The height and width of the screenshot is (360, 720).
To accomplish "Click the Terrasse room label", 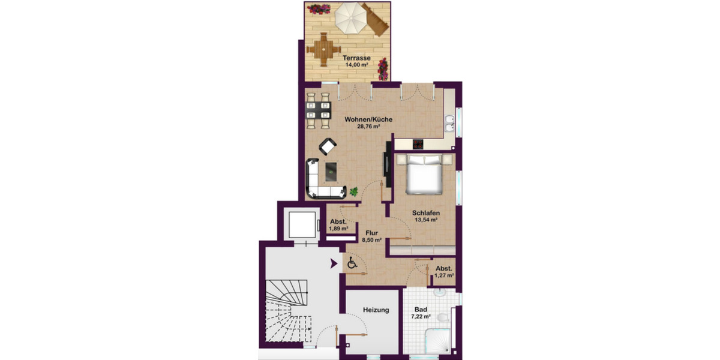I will tap(356, 59).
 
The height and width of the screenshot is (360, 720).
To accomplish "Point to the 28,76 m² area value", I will tap(369, 127).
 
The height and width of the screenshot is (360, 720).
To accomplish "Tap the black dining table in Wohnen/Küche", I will tap(319, 110).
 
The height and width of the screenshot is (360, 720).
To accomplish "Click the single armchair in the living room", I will tap(328, 146).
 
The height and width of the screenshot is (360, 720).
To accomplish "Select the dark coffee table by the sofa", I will tap(331, 173).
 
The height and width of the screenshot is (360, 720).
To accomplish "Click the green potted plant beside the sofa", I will tap(354, 191).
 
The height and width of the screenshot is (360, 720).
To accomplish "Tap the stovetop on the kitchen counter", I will tap(418, 144).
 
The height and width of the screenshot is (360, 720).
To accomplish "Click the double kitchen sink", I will tap(450, 127).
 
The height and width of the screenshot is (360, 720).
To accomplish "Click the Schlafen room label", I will tap(427, 213).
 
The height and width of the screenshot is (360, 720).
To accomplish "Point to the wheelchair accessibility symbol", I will tap(352, 263).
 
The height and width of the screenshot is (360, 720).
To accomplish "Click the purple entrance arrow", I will tap(333, 263).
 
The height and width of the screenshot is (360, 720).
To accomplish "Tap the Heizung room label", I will tap(376, 310).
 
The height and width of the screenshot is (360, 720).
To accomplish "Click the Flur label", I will tap(371, 232).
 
